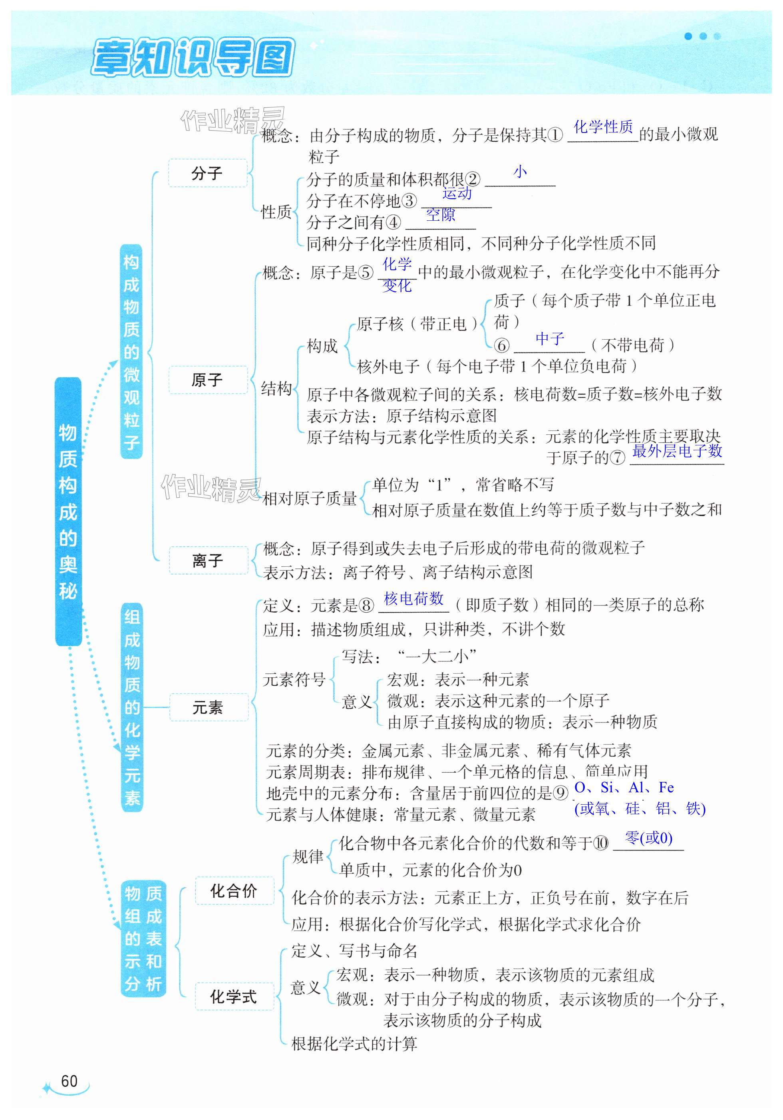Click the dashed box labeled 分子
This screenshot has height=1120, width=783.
point(207,173)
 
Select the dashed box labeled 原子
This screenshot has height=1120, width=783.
point(207,380)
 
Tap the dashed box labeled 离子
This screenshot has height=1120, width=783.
point(208,560)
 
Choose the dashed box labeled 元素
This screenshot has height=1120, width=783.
point(208,707)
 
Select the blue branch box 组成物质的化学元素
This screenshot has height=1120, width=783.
point(132,707)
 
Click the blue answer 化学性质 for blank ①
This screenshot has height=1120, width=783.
point(603,127)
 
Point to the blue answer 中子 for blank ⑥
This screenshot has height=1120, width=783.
point(550,338)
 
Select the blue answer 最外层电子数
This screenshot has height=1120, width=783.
point(677,451)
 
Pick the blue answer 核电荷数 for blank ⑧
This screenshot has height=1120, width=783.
point(413,599)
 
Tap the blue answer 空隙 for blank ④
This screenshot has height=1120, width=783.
point(440,215)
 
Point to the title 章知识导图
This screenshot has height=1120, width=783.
point(193,59)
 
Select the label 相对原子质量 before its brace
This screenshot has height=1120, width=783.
point(310,499)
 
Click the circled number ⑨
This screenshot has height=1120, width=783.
point(561,793)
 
